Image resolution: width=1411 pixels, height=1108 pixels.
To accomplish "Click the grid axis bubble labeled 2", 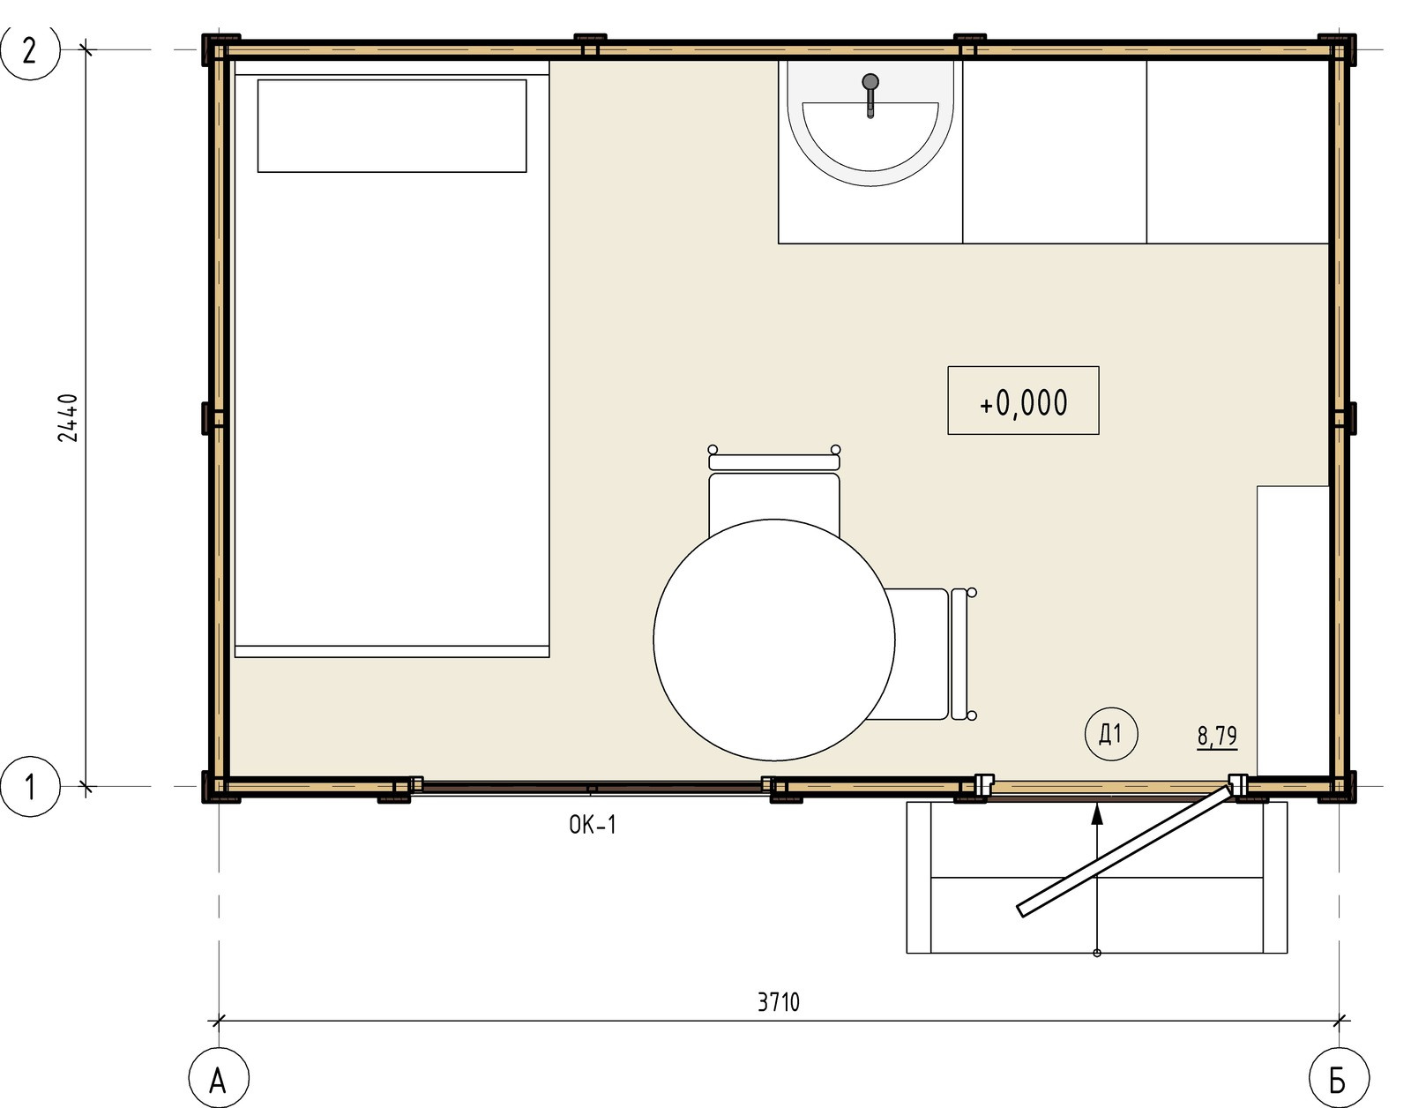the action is click(30, 50).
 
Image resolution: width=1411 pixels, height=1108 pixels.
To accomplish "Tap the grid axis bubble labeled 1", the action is click(30, 787).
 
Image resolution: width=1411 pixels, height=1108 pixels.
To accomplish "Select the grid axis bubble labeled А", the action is click(219, 1078).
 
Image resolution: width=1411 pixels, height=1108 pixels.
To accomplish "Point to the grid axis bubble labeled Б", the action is click(1339, 1078).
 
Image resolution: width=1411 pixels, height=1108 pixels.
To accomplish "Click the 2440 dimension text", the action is click(68, 417).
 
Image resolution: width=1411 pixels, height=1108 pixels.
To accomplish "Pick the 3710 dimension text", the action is click(779, 1002).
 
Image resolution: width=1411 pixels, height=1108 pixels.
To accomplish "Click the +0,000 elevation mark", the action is click(1023, 401).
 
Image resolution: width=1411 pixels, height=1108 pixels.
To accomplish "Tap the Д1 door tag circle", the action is click(1111, 735).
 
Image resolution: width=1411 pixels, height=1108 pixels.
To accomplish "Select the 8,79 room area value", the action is click(1217, 736).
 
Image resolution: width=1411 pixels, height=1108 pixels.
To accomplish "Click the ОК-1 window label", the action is click(593, 825).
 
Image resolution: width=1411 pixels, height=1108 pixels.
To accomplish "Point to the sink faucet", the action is click(870, 94).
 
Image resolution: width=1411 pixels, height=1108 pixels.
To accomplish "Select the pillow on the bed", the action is click(392, 126).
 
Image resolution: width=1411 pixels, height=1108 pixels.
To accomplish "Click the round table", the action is click(774, 640).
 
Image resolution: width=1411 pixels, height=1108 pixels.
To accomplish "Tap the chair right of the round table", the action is click(929, 654).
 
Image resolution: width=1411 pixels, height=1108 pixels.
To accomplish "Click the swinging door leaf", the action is click(1124, 851).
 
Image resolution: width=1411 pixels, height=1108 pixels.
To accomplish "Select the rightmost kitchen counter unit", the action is click(1237, 152).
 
